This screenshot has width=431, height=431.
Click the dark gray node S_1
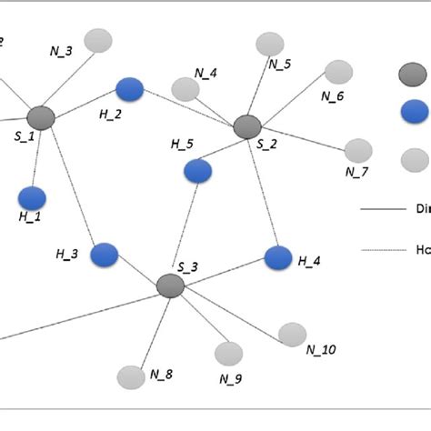click(x=41, y=117)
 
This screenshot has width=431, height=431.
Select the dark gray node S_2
click(x=246, y=127)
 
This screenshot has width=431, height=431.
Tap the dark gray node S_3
click(x=170, y=286)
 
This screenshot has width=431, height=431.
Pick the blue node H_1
click(x=33, y=197)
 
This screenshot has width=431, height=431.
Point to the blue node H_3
click(x=105, y=255)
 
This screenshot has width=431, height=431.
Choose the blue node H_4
click(x=278, y=257)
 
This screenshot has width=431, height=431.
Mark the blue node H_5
click(x=197, y=171)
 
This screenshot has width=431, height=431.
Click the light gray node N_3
click(x=98, y=41)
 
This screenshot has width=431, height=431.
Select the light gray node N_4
click(x=185, y=89)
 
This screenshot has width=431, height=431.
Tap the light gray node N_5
click(x=270, y=44)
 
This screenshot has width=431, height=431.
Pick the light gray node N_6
click(x=338, y=71)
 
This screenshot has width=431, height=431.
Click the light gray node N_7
click(x=359, y=150)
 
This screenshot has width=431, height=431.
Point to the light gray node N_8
click(x=132, y=376)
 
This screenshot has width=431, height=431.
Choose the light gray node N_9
click(x=229, y=354)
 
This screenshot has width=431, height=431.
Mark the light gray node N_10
click(x=293, y=335)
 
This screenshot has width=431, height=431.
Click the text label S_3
click(x=187, y=266)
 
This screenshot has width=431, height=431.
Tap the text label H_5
click(x=183, y=144)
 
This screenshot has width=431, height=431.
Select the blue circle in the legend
click(x=414, y=111)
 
